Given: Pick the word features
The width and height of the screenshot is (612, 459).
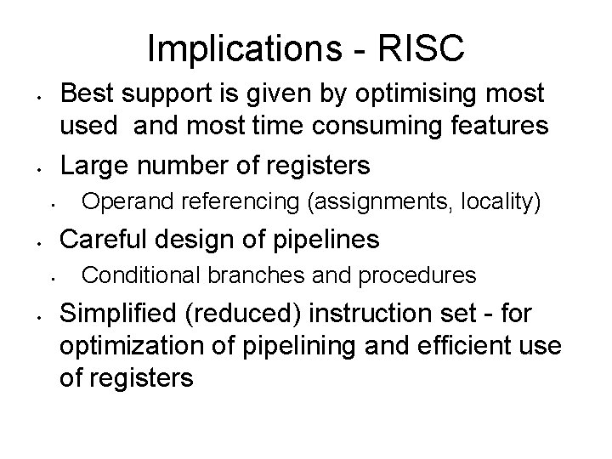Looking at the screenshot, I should [x=499, y=127].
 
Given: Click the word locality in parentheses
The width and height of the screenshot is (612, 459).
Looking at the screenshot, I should [x=500, y=202].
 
